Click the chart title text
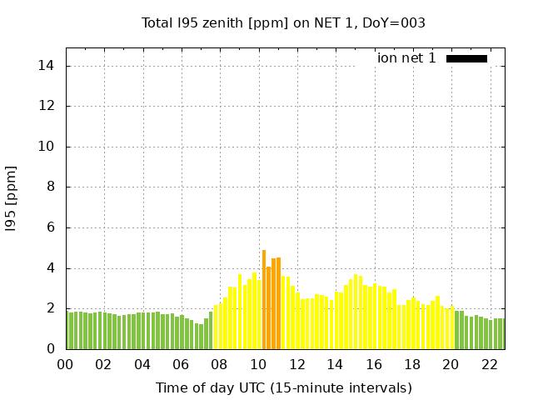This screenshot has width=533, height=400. coord(283,23)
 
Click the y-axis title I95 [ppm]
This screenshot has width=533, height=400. coord(11,198)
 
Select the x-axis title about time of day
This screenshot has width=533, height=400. coord(283,387)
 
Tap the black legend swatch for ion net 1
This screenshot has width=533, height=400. coord(466,58)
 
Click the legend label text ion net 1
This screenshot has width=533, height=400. coord(406,58)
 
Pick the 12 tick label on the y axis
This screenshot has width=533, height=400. coord(48,107)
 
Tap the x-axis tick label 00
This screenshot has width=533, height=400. coord(65,365)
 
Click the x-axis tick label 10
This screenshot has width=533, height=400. coord(257,365)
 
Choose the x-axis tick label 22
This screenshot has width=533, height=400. coord(489,365)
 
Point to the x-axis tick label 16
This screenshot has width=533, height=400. coord(373,365)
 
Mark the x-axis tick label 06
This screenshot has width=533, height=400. coord(181,365)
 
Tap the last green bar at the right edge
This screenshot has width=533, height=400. coord(502,334)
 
